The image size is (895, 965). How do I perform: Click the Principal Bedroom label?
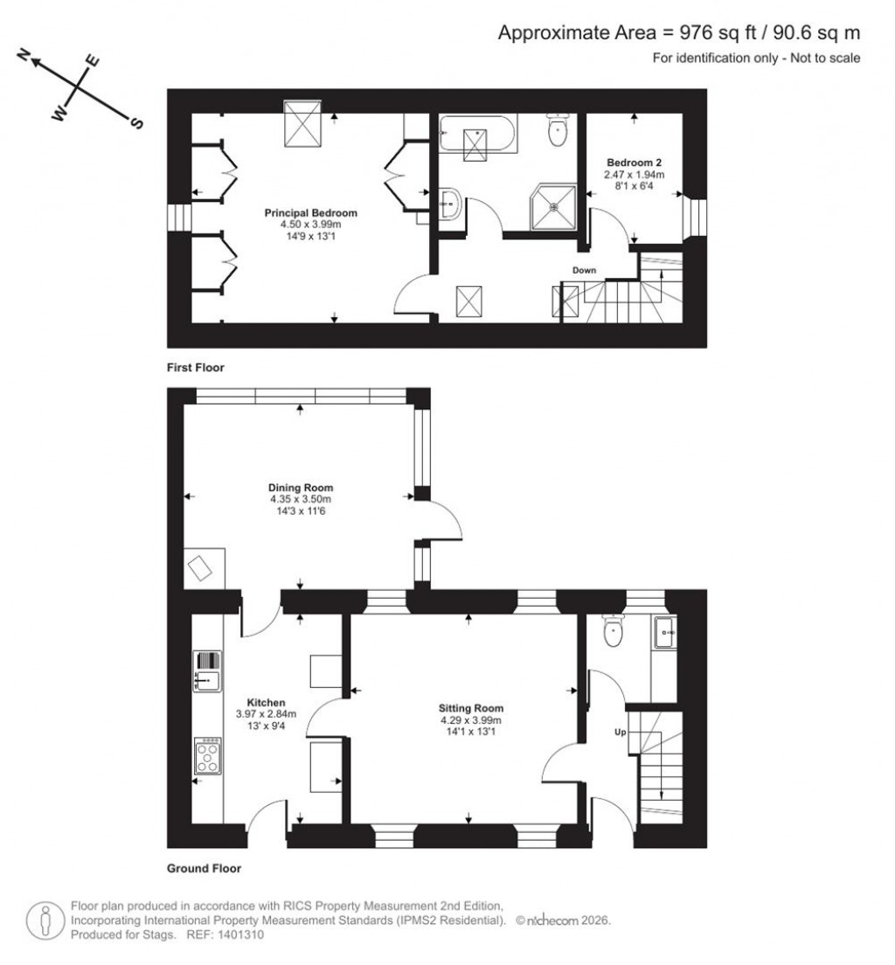[x=311, y=213]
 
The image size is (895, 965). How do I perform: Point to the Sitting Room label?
[x=471, y=709]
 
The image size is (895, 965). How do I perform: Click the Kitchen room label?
[x=266, y=703]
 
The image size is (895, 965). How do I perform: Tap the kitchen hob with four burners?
[x=208, y=755]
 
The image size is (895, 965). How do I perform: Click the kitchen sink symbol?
[x=207, y=671]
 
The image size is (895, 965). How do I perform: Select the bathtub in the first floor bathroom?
[x=478, y=136]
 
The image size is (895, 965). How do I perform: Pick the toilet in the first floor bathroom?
[x=558, y=131]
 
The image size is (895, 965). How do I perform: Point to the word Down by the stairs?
[x=584, y=271]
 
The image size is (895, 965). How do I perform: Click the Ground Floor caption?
[x=204, y=869]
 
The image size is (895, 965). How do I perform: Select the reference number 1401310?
[x=238, y=934]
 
